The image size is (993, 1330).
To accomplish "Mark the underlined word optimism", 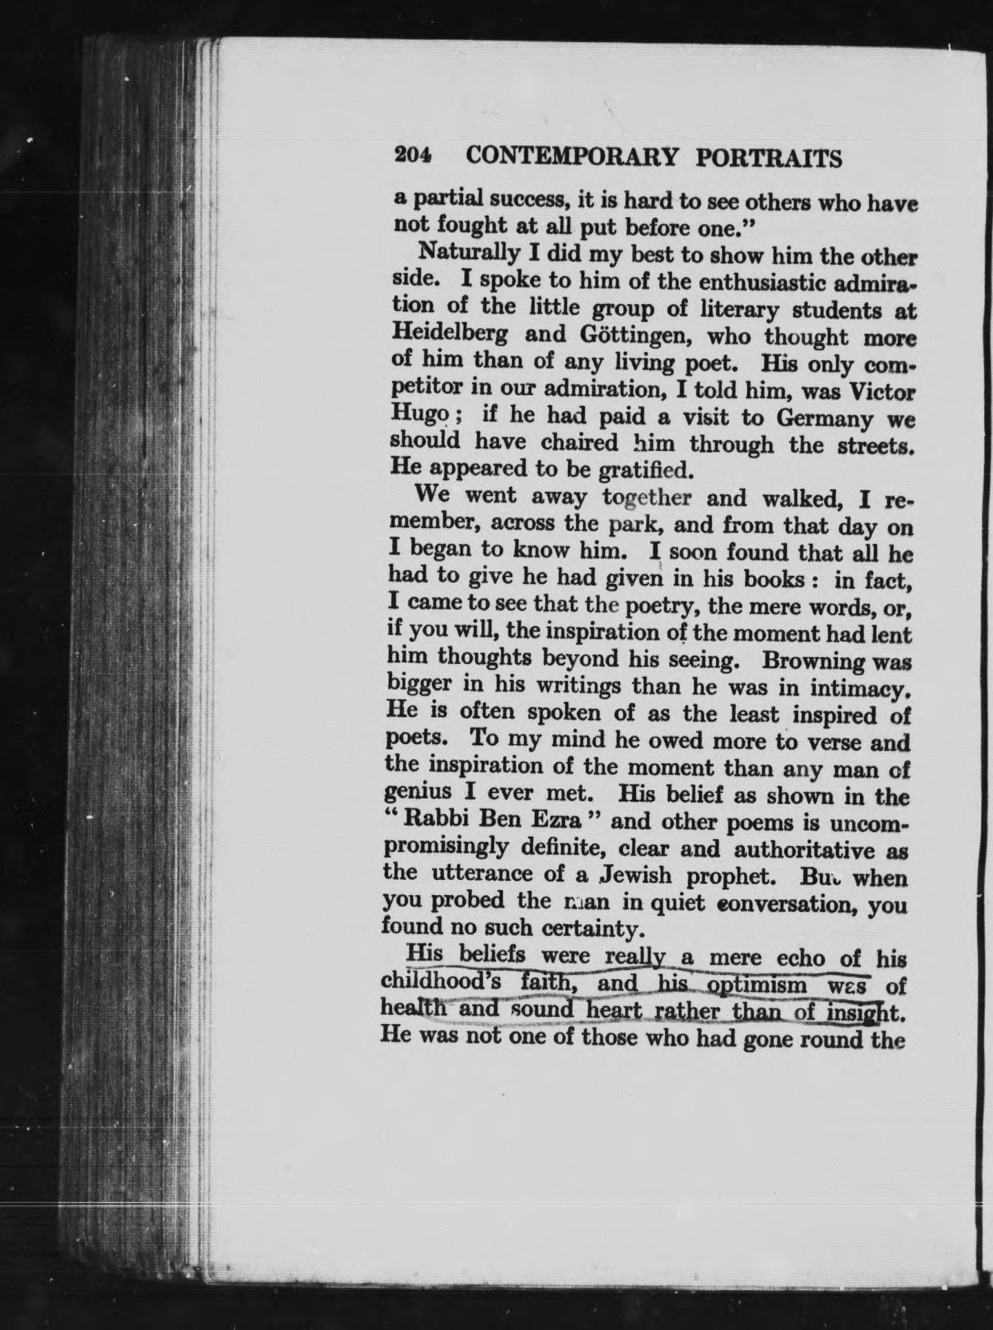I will [x=747, y=985].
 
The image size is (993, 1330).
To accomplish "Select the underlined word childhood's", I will [x=430, y=981].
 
